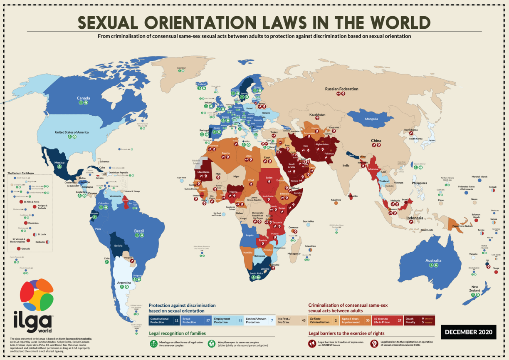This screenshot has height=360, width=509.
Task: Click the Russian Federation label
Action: (x=341, y=89)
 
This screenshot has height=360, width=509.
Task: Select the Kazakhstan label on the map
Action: (x=317, y=114)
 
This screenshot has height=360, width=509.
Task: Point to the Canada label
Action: (x=84, y=99)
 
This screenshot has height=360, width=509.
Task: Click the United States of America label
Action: (x=72, y=132)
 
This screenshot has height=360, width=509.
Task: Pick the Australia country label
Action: (x=433, y=261)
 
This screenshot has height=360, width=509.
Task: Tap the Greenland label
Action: (x=181, y=67)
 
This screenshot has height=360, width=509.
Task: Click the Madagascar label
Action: (x=294, y=253)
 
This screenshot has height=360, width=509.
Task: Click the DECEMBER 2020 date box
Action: (x=469, y=332)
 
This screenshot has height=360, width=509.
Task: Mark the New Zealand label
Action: (x=474, y=288)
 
